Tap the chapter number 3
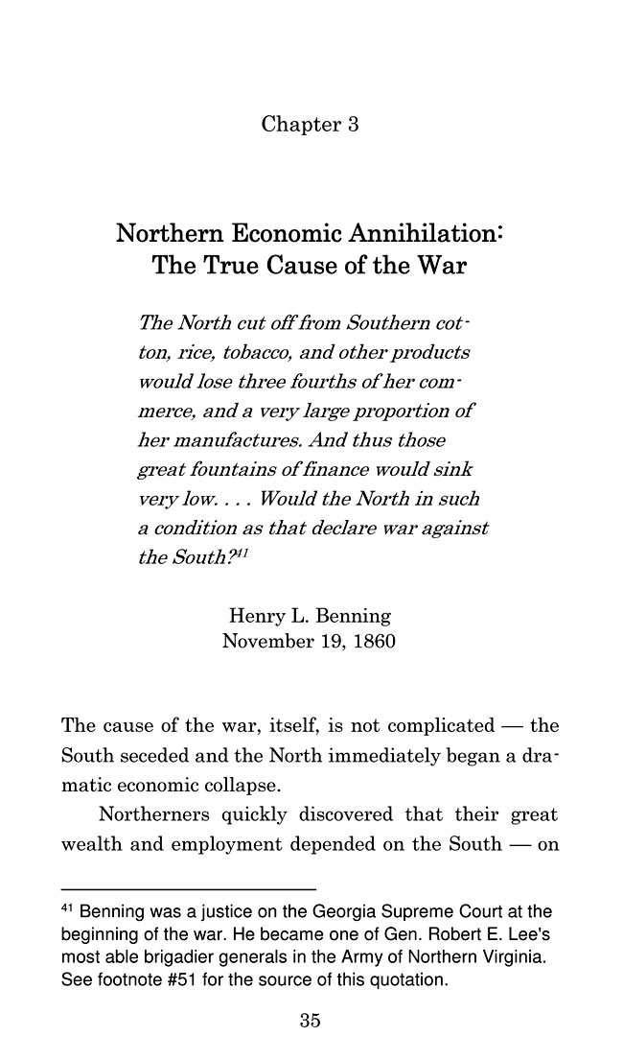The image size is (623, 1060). tap(353, 125)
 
